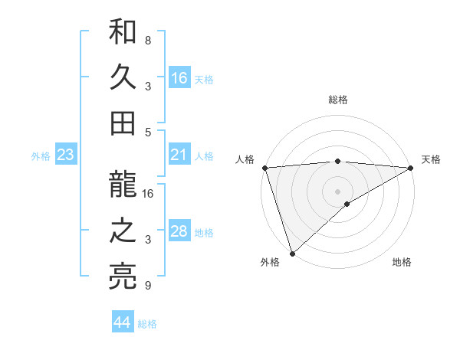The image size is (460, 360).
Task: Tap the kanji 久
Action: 123,78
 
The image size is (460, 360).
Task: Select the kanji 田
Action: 123,122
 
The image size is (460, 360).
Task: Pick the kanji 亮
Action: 123,277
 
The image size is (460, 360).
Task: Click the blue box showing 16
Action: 179,78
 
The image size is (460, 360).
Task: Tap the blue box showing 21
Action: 179,155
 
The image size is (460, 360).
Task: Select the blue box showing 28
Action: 179,232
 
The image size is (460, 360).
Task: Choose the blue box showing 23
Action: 66,155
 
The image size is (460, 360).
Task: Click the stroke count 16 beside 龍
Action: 149,194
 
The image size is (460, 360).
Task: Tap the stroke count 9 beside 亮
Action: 147,286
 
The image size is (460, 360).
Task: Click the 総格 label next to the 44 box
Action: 147,324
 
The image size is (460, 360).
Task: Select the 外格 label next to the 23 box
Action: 41,156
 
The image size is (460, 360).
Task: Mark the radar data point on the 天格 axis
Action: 411,167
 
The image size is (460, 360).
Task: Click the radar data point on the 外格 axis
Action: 292,253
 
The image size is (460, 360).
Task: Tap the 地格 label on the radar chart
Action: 402,262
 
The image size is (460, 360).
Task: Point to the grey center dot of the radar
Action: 337,191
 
